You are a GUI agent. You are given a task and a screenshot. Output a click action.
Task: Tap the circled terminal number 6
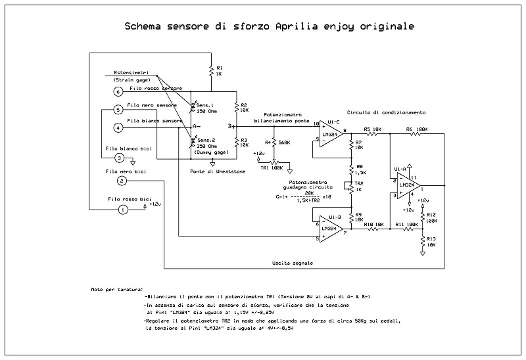click(118, 91)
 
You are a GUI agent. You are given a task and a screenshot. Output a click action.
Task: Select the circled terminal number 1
click(122, 210)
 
